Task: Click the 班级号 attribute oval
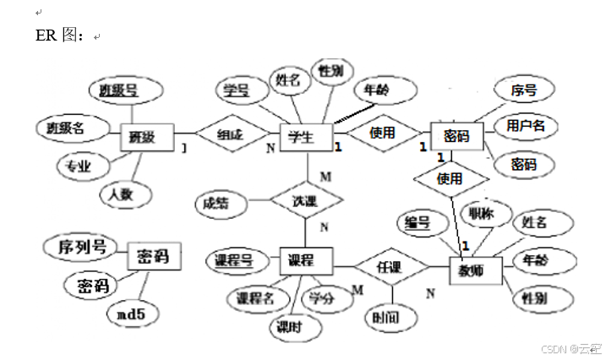(118, 90)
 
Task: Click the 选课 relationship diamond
(305, 202)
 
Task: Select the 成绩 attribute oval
(215, 203)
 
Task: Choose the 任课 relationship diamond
(389, 267)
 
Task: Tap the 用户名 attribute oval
(526, 127)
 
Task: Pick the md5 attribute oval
(132, 314)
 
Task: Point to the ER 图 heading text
(59, 35)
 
